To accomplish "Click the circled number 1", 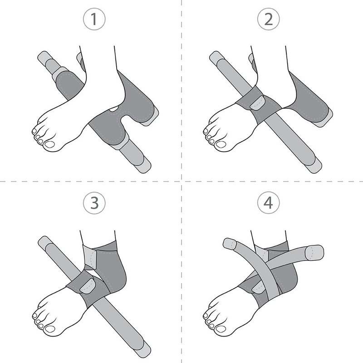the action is [94, 19].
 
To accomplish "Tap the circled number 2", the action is [269, 19].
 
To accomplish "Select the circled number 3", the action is [94, 203].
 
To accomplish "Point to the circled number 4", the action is [269, 203].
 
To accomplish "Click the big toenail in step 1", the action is [49, 144].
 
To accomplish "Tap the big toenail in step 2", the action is [221, 144].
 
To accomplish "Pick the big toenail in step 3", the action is [49, 329].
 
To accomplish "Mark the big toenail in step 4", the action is [221, 329].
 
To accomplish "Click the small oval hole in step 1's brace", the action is [114, 108].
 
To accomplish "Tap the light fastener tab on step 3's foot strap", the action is [87, 286].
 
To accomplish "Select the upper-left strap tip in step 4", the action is [229, 244].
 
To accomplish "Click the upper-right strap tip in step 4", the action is [314, 252].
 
